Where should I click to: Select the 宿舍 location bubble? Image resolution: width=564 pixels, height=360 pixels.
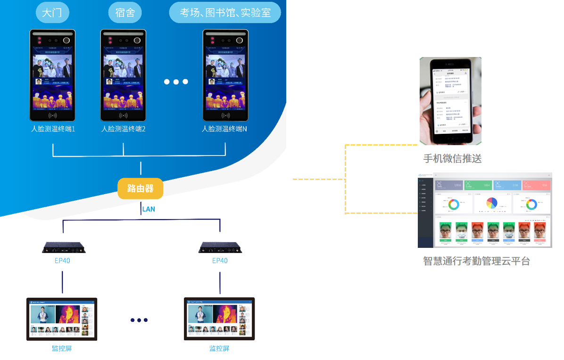(125, 13)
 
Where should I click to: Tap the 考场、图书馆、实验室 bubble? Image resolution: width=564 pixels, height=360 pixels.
(225, 13)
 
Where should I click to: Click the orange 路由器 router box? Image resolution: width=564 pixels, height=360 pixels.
(141, 188)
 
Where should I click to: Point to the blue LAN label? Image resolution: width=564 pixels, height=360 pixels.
(149, 209)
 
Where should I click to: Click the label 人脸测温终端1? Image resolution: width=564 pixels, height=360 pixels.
(53, 129)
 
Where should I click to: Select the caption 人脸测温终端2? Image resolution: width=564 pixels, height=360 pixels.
(123, 129)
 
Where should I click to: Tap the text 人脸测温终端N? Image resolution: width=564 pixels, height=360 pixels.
(224, 129)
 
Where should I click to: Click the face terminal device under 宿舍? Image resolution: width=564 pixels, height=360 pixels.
(124, 75)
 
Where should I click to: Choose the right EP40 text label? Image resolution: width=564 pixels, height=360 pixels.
(220, 261)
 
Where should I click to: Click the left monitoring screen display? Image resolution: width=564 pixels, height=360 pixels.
(62, 319)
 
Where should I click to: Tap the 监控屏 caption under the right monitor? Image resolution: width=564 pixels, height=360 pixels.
(219, 349)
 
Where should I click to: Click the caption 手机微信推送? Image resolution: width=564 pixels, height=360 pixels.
(452, 158)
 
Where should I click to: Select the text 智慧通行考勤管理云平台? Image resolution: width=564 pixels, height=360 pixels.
(476, 261)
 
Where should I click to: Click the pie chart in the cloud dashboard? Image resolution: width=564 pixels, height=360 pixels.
(491, 203)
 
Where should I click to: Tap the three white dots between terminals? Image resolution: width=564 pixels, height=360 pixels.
(176, 82)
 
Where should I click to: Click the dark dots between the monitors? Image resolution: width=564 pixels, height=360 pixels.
(139, 320)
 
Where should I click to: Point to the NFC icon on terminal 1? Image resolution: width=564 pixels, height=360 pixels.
(52, 115)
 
